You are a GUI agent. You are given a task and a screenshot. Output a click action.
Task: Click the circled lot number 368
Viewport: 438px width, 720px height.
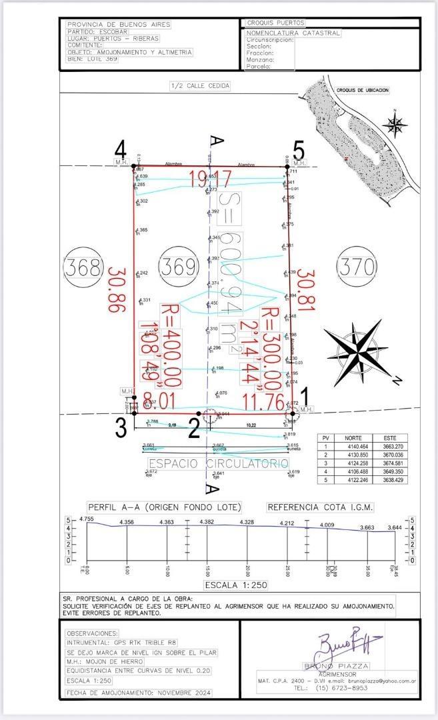pyautogui.click(x=85, y=267)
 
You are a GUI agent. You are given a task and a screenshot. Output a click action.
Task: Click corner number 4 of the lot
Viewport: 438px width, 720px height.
pyautogui.click(x=121, y=149)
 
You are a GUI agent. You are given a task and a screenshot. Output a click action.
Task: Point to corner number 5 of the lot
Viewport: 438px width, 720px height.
pyautogui.click(x=299, y=149)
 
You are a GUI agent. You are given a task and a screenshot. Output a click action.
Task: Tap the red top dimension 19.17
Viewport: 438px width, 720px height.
pyautogui.click(x=209, y=179)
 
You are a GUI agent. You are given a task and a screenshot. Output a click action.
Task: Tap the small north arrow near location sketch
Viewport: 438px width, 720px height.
pyautogui.click(x=395, y=123)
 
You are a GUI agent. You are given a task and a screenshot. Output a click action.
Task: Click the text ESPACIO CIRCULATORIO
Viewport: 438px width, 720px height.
pyautogui.click(x=218, y=463)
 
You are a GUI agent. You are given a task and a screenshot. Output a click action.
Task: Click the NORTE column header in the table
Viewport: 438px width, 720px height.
pyautogui.click(x=353, y=438)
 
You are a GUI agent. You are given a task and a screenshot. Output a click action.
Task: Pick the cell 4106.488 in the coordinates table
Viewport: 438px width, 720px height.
pyautogui.click(x=353, y=471)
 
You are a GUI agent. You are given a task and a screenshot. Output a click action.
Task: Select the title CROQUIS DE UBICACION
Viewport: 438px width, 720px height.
pyautogui.click(x=362, y=90)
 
